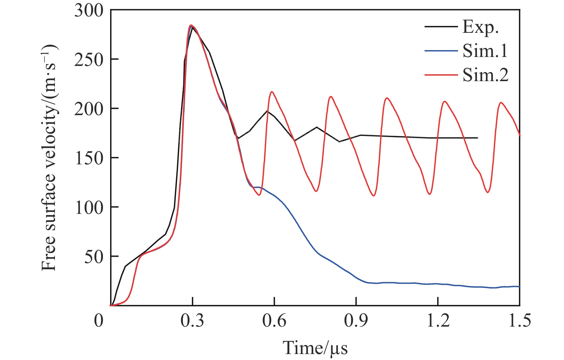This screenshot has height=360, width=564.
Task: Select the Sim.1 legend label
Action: [485, 51]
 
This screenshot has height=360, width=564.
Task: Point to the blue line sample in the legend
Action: [441, 51]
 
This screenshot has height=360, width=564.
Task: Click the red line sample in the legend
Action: [441, 75]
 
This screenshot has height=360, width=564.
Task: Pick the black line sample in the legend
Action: [441, 27]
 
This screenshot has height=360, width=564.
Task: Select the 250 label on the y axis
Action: [89, 60]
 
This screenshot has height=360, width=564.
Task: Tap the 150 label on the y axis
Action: [89, 158]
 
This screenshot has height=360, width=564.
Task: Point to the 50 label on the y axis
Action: [93, 257]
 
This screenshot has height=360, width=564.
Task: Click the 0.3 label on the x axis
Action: [192, 321]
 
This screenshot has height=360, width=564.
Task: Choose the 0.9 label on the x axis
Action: [356, 321]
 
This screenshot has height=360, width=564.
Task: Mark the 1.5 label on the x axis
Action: [520, 321]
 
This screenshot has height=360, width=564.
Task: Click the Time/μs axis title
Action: [315, 348]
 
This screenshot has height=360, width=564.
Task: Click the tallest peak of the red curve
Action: [191, 25]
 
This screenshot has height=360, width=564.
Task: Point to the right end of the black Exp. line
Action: [477, 138]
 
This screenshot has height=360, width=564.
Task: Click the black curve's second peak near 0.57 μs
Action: [267, 111]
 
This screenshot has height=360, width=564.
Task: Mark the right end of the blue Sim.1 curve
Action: [519, 286]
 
